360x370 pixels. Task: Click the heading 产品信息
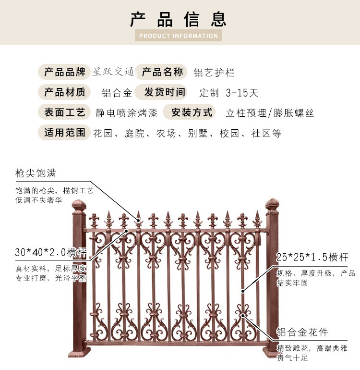[178, 19]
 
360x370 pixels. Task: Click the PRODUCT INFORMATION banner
[178, 36]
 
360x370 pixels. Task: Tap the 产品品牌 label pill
[64, 72]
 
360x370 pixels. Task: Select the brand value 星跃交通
[113, 72]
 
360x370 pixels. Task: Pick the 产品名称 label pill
[162, 72]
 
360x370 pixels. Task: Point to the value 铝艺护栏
[214, 73]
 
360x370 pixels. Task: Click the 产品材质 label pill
[64, 92]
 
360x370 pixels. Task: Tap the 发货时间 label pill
[161, 92]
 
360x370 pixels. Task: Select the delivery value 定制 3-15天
[228, 93]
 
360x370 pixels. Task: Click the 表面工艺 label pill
[64, 112]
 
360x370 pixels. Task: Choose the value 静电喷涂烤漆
[126, 113]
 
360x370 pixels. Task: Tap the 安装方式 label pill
[189, 112]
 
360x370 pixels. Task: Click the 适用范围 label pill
[64, 132]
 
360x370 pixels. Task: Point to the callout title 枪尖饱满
[36, 173]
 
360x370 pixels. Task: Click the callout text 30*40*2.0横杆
[51, 252]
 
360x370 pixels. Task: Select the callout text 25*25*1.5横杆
[312, 257]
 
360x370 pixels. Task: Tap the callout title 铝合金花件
[302, 332]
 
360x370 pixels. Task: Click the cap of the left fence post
[79, 206]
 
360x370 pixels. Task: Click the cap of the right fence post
[272, 205]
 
